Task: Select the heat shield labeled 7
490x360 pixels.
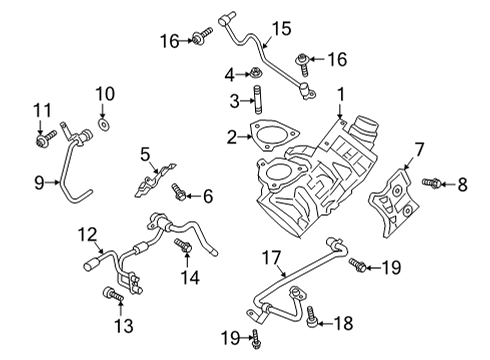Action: pyautogui.click(x=387, y=199)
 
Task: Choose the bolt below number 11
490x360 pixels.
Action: pyautogui.click(x=42, y=140)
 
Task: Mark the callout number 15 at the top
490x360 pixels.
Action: pyautogui.click(x=280, y=28)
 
